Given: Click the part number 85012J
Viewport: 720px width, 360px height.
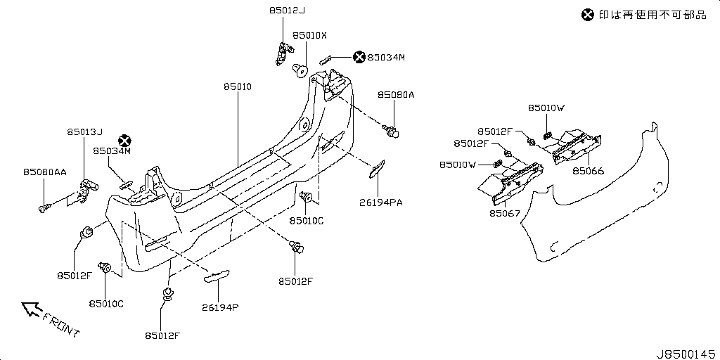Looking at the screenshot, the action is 287,10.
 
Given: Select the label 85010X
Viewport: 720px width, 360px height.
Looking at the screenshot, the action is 310,35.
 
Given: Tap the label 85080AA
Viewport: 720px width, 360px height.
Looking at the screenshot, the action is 44,172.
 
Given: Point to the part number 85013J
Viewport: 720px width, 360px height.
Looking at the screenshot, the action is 84,132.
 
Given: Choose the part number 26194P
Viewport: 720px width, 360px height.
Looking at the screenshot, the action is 220,307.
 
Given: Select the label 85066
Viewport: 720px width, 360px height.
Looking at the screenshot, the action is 589,171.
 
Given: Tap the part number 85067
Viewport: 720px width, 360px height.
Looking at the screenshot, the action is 505,213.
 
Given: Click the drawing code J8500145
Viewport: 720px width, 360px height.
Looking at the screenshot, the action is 686,354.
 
